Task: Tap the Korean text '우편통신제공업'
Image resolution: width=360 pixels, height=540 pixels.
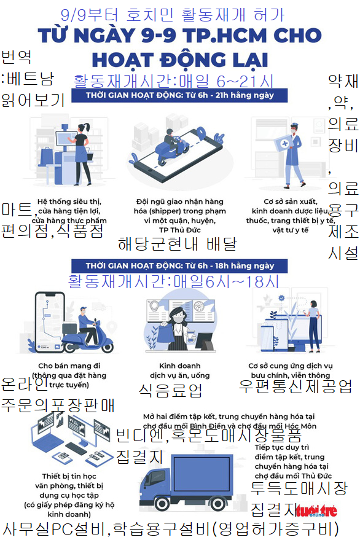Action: tap(295, 386)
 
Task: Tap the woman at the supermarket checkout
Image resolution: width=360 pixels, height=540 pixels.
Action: tap(80, 147)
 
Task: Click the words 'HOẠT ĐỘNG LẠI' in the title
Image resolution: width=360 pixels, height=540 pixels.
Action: tap(179, 60)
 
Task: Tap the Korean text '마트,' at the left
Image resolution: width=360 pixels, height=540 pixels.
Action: tap(17, 209)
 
